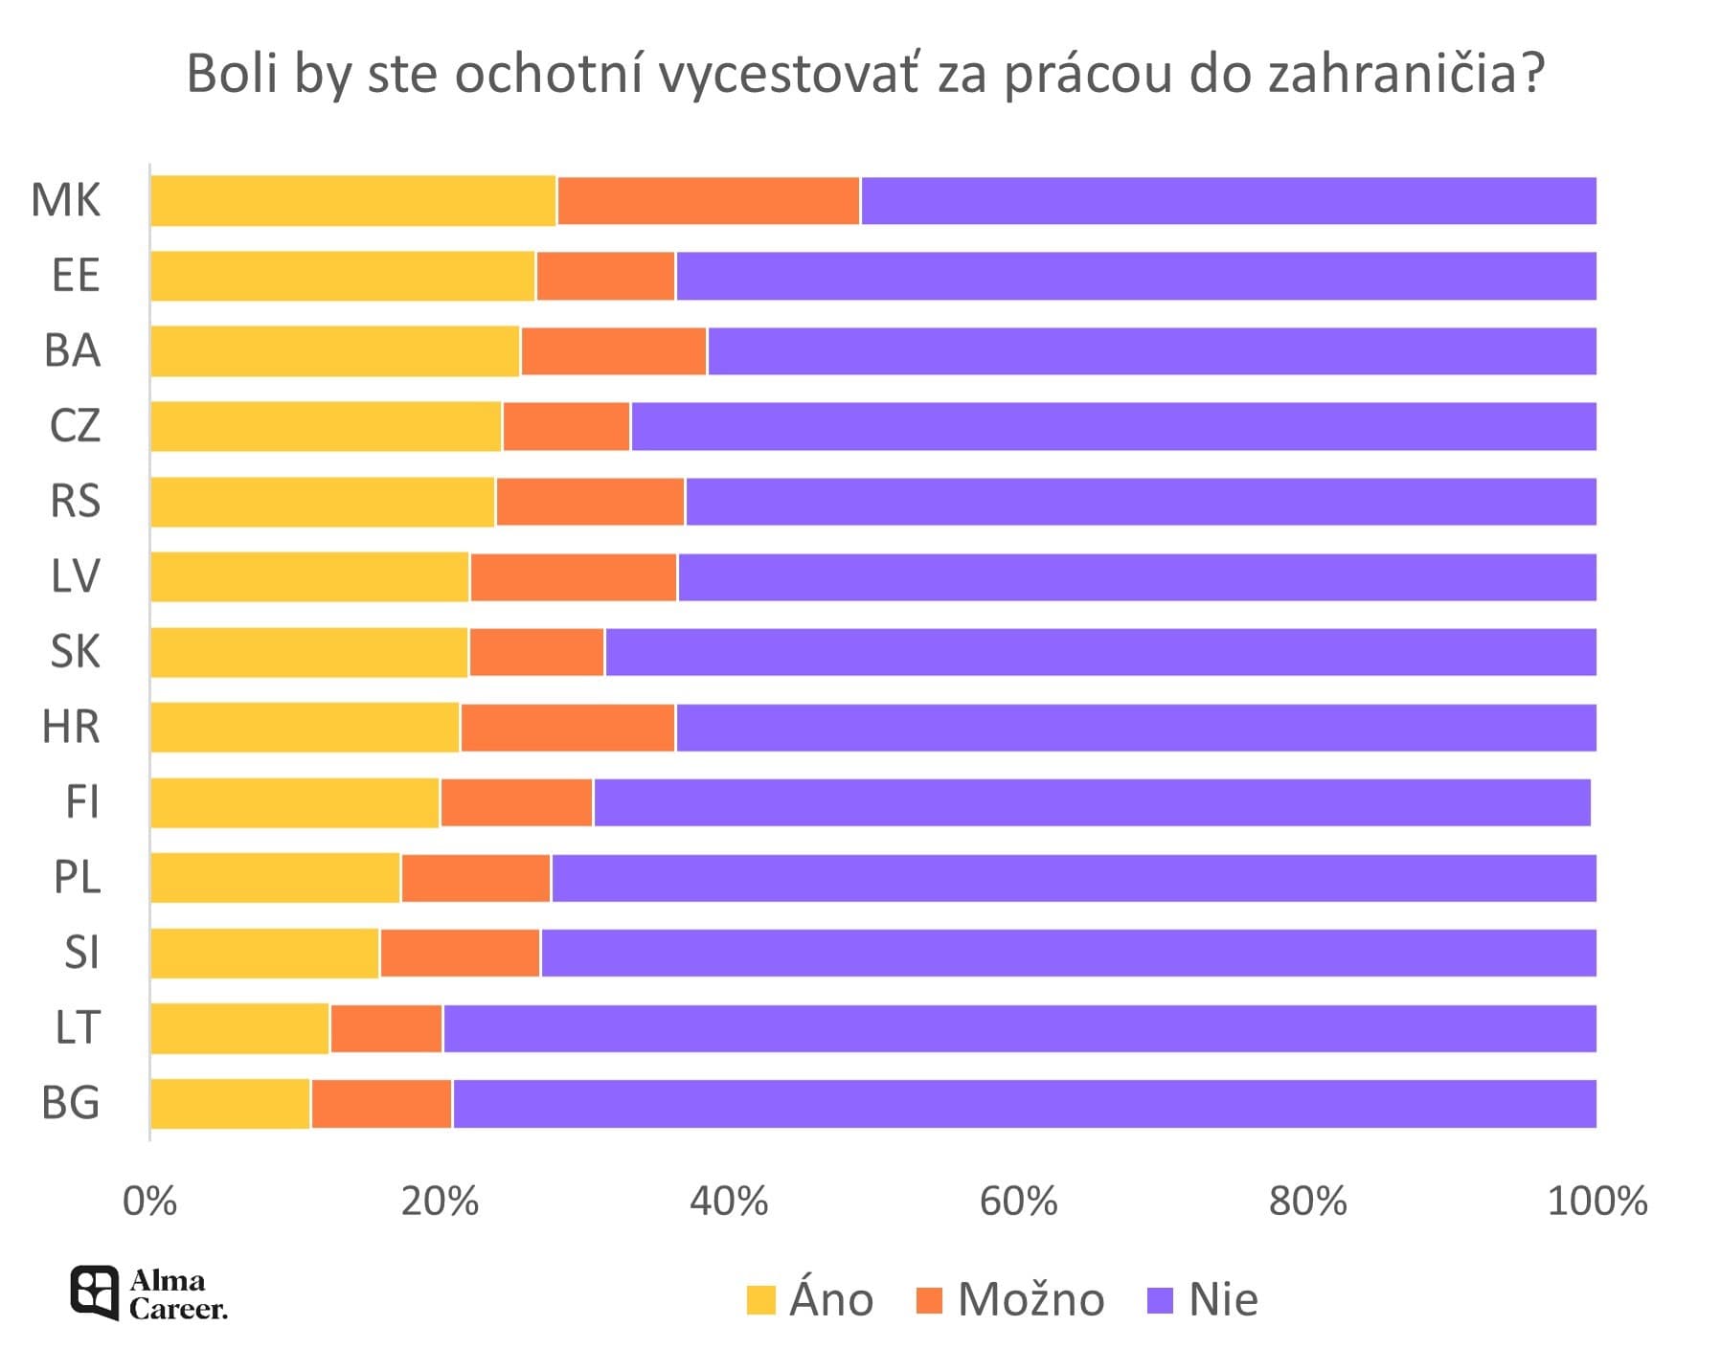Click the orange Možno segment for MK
(x=708, y=201)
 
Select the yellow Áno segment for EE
(x=342, y=276)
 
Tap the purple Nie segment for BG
(x=1023, y=1104)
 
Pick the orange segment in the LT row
(x=385, y=1028)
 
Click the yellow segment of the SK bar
(x=308, y=652)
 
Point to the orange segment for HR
(x=567, y=728)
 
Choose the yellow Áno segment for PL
(x=275, y=878)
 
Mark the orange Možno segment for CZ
(x=566, y=426)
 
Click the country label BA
(x=72, y=351)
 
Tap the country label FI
(x=81, y=802)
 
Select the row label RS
(x=75, y=502)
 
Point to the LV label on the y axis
(x=75, y=577)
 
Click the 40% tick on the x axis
(x=729, y=1201)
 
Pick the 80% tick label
(x=1307, y=1201)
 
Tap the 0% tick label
(x=150, y=1201)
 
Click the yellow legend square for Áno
(x=760, y=1300)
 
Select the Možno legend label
(x=1030, y=1300)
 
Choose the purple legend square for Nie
(x=1159, y=1300)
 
